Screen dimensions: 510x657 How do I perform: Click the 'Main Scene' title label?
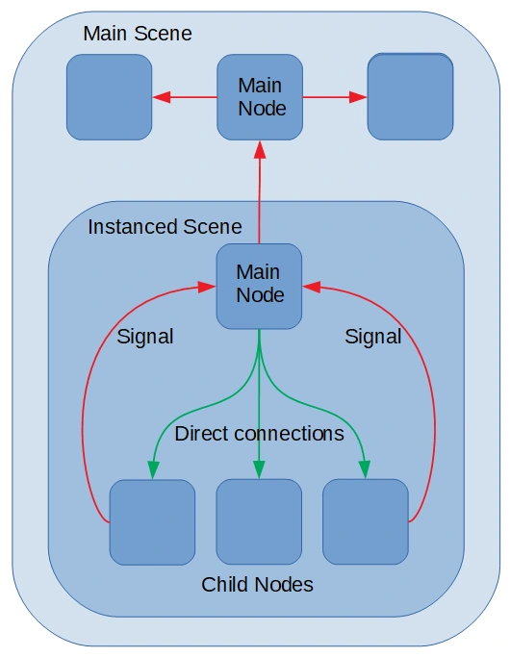coord(138,34)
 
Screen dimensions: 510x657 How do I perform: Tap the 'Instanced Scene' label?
coord(165,227)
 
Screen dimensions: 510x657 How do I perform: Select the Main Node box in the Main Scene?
coord(260,97)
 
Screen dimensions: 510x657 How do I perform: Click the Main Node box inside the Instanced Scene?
coord(259,287)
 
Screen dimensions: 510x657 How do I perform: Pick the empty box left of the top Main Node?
coord(110,97)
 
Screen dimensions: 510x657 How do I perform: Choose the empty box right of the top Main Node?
coord(410,96)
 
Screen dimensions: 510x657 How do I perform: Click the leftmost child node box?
coord(153,522)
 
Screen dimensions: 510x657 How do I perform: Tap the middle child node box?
coord(259,522)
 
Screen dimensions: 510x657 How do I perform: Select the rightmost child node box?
coord(366,522)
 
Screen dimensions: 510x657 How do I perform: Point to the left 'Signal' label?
coord(145,337)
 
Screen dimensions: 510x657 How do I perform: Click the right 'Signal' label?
coord(373,337)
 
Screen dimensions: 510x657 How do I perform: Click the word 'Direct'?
coord(201,434)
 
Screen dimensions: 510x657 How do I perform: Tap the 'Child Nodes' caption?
coord(257,585)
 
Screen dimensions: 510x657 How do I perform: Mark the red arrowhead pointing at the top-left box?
coord(162,97)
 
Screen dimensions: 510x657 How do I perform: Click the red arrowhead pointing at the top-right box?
coord(358,97)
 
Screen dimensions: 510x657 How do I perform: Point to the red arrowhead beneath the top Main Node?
coord(260,150)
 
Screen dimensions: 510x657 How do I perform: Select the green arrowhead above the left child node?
coord(153,469)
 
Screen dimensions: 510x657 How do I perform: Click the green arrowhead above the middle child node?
coord(259,469)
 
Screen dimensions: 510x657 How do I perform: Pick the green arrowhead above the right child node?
coord(365,469)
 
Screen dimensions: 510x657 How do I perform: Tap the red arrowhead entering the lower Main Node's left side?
coord(207,287)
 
